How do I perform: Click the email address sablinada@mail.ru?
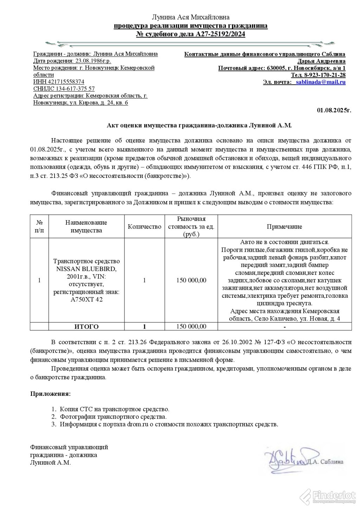[x=321, y=82]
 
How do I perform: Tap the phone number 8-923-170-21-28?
[x=325, y=75]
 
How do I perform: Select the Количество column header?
[x=144, y=227]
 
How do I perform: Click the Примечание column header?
[x=284, y=227]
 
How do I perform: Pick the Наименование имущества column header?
[x=86, y=227]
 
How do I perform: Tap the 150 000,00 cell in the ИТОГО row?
[x=191, y=327]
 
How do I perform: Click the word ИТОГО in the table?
[x=86, y=327]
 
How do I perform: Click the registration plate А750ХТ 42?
[x=86, y=299]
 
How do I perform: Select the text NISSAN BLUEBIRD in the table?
[x=86, y=269]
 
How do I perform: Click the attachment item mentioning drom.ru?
[x=169, y=424]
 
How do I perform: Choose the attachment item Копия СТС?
[x=114, y=409]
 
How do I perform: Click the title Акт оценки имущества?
[x=199, y=125]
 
